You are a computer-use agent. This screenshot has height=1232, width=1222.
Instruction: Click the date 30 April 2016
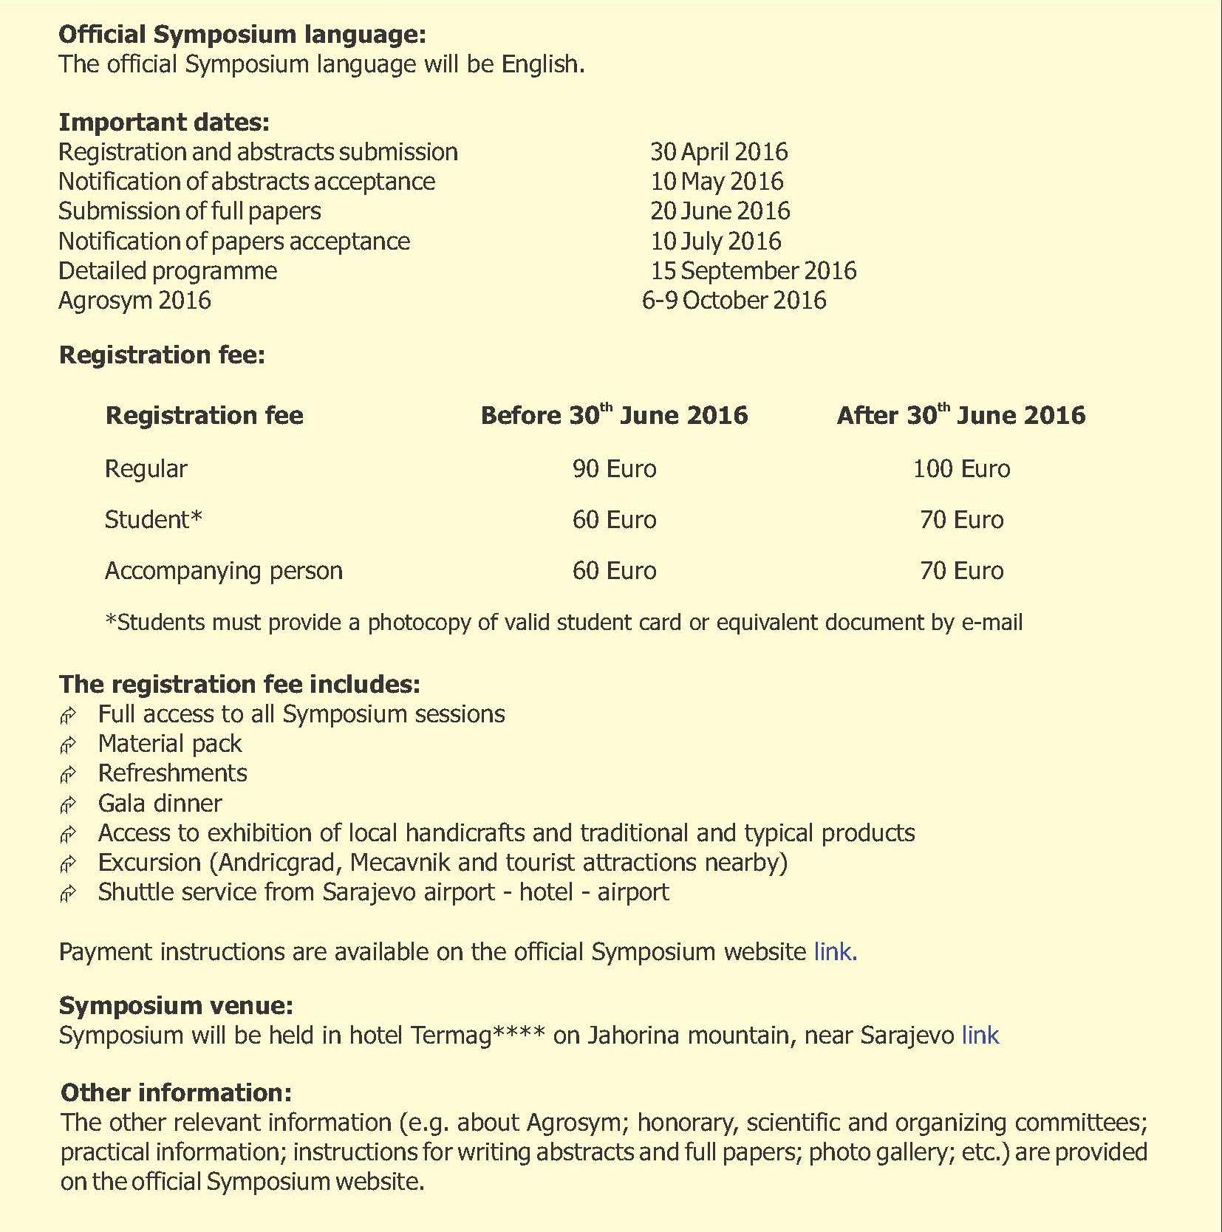pos(718,152)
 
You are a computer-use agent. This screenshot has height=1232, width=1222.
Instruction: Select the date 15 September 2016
pos(753,271)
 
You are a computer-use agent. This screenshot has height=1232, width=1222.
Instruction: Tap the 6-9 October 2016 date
pos(734,301)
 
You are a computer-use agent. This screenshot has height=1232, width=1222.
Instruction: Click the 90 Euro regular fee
pos(614,469)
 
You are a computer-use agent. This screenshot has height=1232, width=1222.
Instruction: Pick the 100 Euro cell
pos(961,469)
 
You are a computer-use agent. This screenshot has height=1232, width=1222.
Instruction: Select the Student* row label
pos(153,520)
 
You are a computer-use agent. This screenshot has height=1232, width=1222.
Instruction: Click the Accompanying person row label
pos(223,571)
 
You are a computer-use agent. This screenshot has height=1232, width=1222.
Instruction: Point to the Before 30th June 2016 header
pos(614,415)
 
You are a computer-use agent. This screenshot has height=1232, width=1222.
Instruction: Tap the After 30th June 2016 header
pos(961,415)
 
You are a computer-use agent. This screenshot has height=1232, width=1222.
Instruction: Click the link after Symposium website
pos(834,952)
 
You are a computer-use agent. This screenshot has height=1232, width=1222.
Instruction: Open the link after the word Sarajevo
pos(980,1036)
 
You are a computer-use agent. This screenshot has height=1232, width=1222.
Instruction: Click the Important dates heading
pos(164,122)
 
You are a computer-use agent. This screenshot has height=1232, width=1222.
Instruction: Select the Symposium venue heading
pos(176,1005)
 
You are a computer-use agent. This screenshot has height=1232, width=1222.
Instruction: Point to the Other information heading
pos(176,1092)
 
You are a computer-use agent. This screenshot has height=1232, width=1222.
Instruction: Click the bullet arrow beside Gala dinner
pos(68,804)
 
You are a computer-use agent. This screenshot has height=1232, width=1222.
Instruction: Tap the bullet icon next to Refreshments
pos(68,774)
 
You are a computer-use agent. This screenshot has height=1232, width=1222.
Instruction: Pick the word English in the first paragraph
pos(542,64)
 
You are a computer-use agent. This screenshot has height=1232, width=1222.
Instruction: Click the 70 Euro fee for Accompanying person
pos(961,571)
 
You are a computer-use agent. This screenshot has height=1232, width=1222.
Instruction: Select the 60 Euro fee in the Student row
pos(614,520)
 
